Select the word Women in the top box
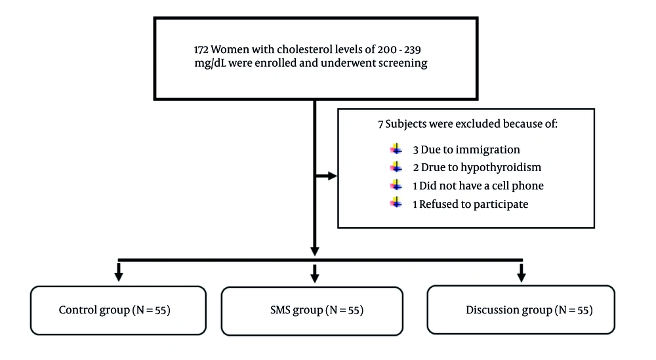231,50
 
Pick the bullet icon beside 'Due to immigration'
395,150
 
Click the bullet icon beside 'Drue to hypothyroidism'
395,167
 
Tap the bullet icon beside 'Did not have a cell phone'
395,186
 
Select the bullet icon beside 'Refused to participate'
395,204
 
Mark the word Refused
440,204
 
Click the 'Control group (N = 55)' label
115,310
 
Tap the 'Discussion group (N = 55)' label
529,310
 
